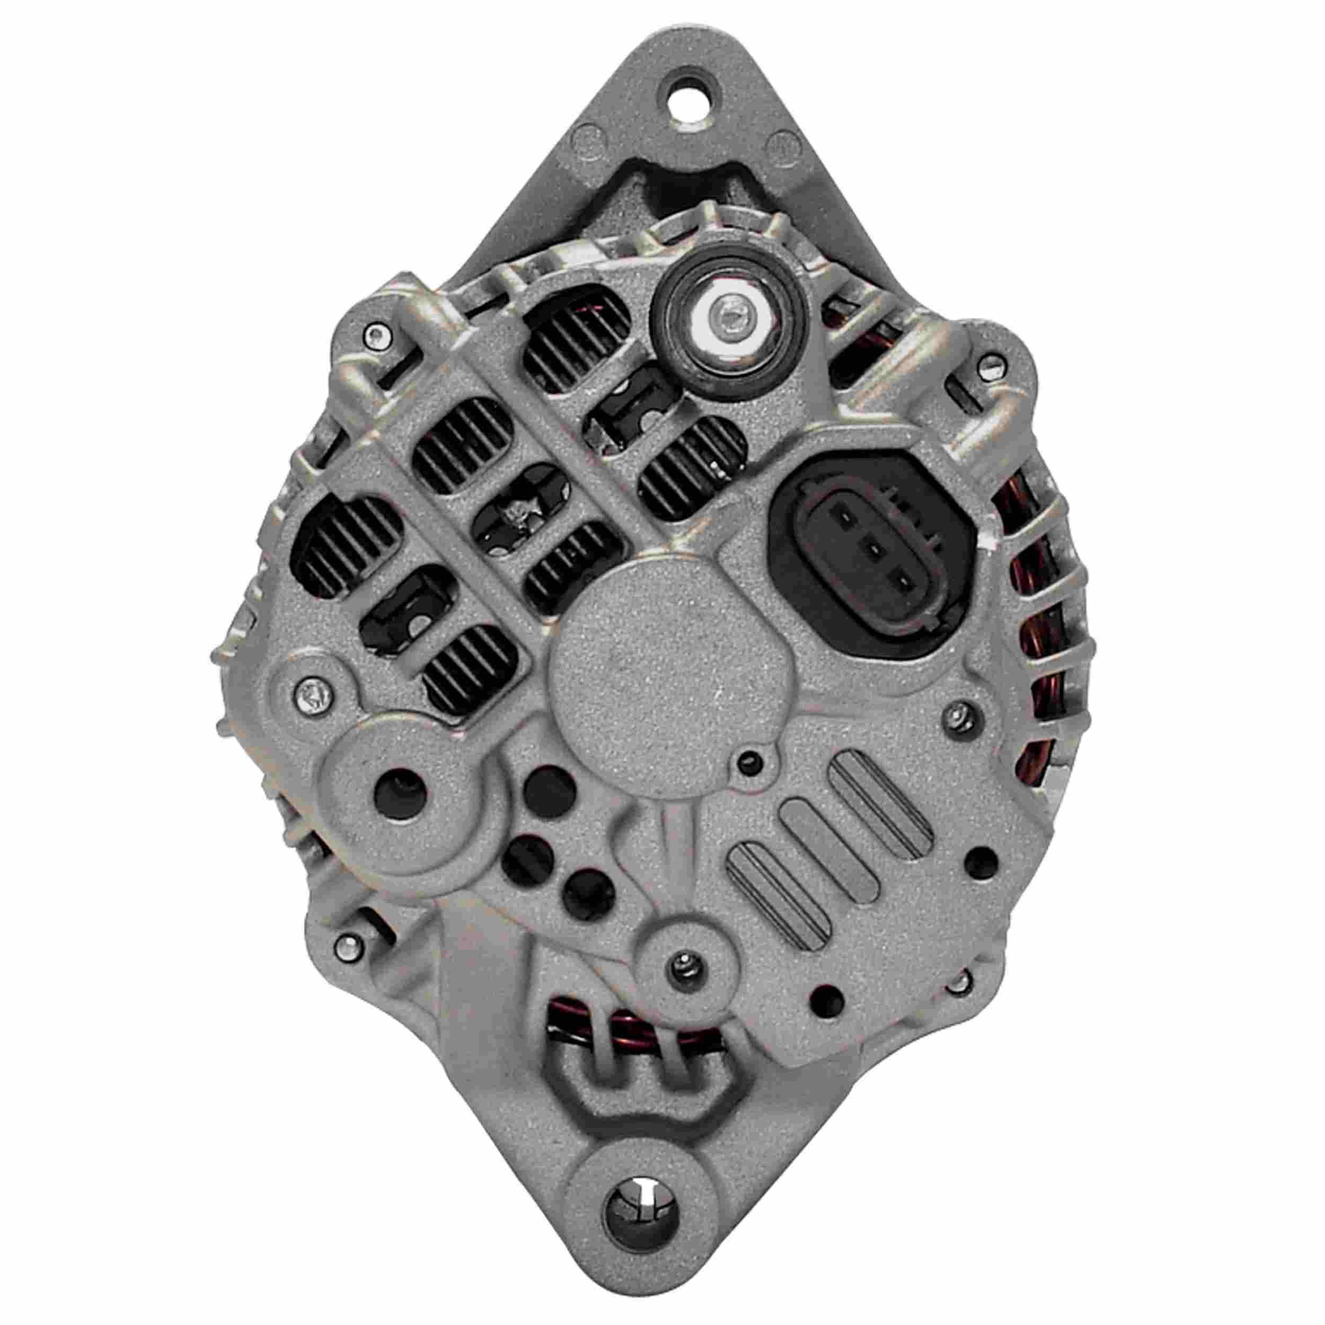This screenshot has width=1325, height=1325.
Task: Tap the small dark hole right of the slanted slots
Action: coord(982,859)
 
